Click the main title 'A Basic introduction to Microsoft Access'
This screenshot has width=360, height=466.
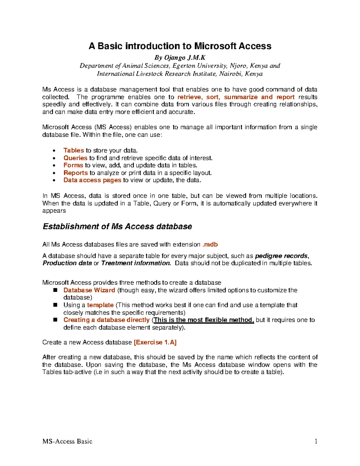point(180,46)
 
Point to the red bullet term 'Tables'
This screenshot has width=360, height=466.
point(73,150)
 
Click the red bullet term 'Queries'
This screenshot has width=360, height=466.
point(75,158)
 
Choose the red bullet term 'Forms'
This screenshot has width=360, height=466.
point(73,165)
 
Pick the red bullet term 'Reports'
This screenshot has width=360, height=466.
point(76,173)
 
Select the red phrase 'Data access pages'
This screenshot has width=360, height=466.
point(92,180)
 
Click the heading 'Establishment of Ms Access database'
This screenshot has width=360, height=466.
point(117,227)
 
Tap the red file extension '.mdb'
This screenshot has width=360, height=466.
point(210,245)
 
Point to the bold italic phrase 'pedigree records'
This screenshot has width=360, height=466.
point(281,256)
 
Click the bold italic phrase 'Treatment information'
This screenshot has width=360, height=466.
point(136,263)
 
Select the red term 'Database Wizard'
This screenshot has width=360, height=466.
point(89,290)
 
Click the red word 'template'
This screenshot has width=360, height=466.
point(100,305)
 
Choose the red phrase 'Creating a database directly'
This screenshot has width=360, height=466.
point(106,320)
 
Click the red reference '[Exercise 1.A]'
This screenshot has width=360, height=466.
point(155,342)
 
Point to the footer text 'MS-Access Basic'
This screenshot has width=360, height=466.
point(67,441)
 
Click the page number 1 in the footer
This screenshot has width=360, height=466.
point(316,441)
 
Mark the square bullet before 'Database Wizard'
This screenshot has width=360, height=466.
point(55,290)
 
